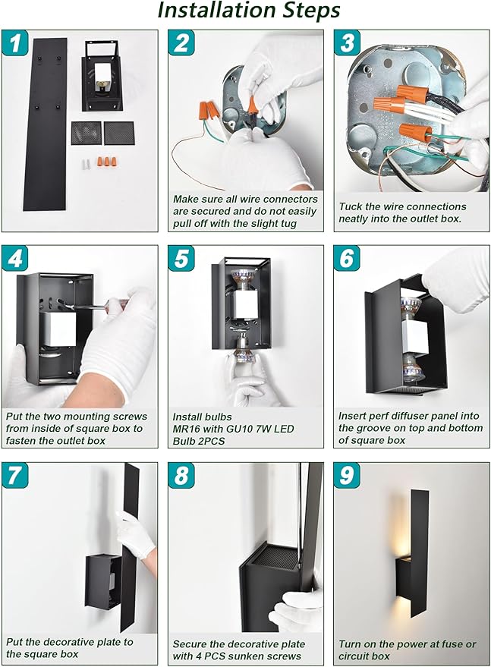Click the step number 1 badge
click(15, 43)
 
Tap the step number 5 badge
click(181, 259)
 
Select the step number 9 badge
click(347, 475)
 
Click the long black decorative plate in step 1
click(45, 124)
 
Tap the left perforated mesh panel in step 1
click(86, 133)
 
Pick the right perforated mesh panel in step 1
click(119, 133)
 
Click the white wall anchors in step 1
click(87, 164)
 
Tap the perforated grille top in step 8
click(275, 555)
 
